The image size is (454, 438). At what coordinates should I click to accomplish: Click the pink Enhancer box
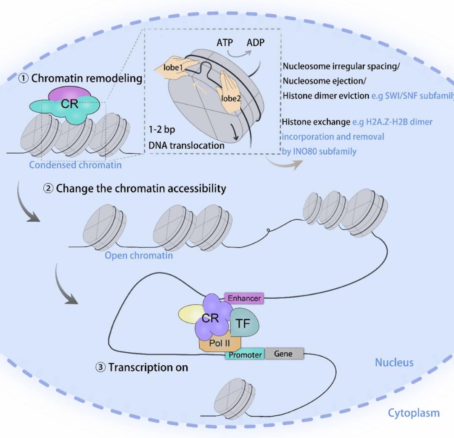[244, 298]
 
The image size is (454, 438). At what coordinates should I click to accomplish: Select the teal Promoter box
[245, 355]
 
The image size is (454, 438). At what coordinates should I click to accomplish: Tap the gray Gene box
[283, 354]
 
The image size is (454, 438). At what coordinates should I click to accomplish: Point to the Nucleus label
[394, 362]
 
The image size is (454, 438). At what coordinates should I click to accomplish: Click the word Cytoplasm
[413, 413]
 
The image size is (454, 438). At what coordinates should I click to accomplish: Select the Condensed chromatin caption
[75, 165]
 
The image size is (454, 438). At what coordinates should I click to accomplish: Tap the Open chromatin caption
[139, 255]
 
